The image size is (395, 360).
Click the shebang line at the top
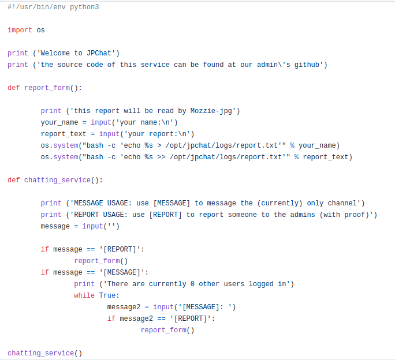click(53, 7)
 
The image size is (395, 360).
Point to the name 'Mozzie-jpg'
click(214, 111)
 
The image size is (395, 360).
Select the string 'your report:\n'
click(155, 134)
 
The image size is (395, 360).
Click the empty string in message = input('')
click(111, 226)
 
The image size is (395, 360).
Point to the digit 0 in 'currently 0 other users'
click(193, 284)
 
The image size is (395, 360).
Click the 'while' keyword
click(84, 295)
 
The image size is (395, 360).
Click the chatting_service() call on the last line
click(45, 353)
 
